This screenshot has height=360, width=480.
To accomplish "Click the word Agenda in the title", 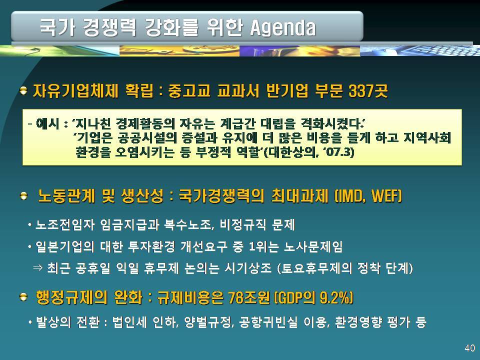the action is pos(283,27).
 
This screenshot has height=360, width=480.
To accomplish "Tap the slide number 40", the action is pos(469,348).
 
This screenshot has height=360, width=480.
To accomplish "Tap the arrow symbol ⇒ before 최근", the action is pos(37,268).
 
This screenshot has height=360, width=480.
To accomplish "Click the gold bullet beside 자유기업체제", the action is pos(23,91).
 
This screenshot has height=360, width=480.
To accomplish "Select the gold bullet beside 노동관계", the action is pos(23,196).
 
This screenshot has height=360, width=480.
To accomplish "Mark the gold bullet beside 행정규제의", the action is pos(23,297).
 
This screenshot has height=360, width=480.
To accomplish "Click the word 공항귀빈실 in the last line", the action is pos(268,322).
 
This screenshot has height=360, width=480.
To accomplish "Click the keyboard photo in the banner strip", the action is pos(420,50).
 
